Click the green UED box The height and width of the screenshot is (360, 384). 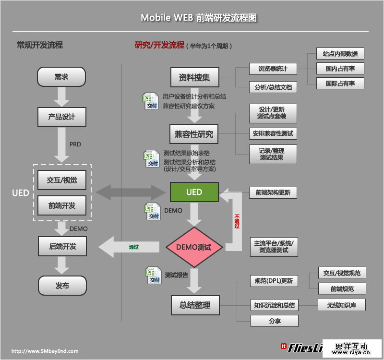[194, 192]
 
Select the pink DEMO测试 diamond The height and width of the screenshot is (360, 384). [194, 248]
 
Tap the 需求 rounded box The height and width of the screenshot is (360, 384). [61, 77]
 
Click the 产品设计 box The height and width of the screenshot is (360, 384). [61, 117]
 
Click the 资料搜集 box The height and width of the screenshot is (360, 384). [194, 78]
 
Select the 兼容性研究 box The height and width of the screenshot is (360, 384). [194, 134]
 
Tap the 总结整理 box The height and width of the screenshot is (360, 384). [194, 305]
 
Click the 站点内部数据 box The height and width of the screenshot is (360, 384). [340, 54]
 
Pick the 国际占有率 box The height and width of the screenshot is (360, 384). [340, 83]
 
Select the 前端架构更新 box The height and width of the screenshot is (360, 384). [273, 193]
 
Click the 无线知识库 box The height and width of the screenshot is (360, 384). [342, 305]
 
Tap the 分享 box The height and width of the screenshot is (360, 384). [275, 321]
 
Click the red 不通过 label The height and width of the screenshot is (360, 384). [237, 221]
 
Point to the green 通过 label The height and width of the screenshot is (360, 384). [134, 247]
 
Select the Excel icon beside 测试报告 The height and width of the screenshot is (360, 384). [153, 275]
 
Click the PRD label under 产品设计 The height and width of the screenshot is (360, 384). [75, 144]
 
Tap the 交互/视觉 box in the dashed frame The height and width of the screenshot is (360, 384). [61, 180]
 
